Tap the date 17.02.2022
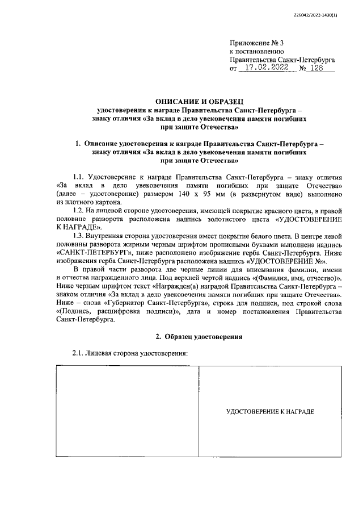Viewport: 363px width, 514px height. [264, 68]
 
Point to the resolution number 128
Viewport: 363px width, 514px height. [320, 68]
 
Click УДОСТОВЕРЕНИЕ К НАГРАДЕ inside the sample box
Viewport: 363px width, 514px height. [270, 411]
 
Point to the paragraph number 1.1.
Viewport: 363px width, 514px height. [81, 178]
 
